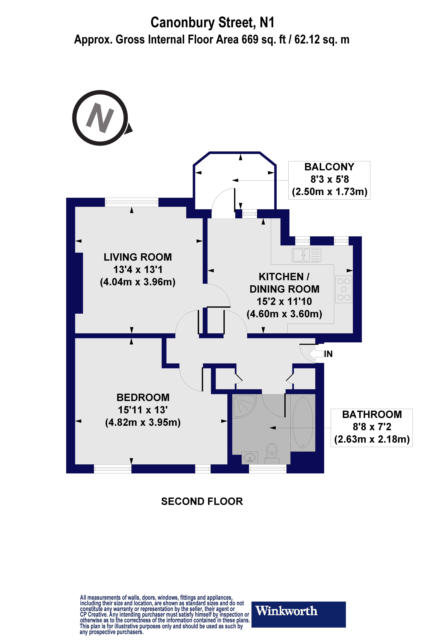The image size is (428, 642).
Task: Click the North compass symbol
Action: [100, 118]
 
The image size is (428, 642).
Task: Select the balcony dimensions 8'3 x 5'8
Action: [329, 179]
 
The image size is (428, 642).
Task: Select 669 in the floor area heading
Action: [250, 40]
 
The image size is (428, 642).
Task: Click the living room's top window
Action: [132, 202]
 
